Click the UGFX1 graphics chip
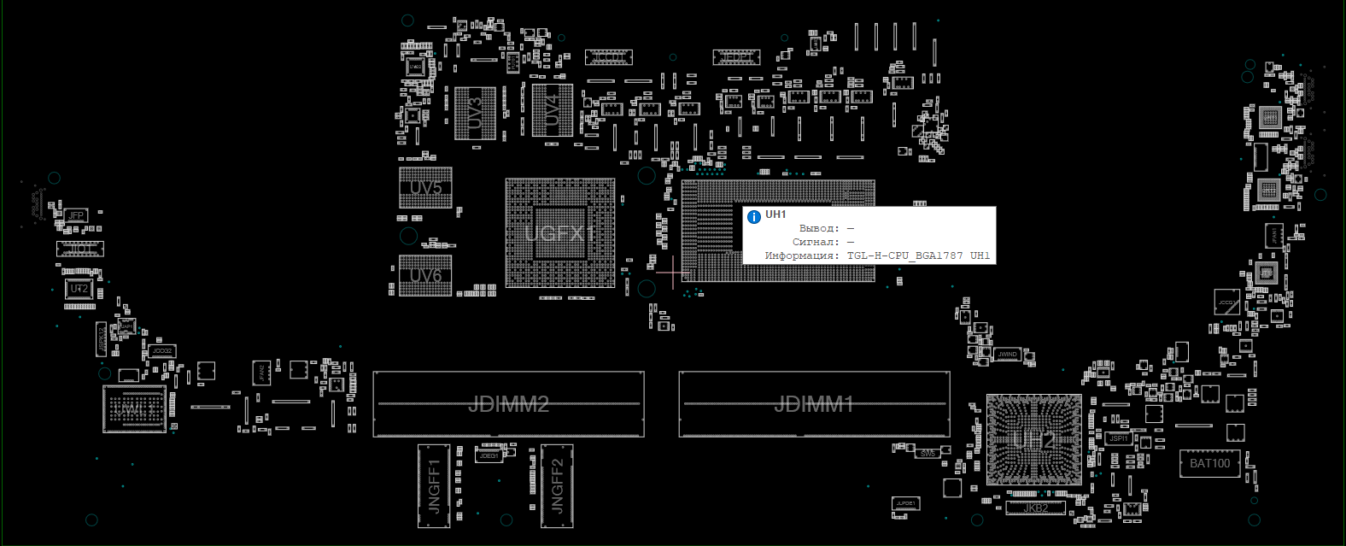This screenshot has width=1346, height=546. click(559, 233)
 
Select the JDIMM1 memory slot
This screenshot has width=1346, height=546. click(814, 404)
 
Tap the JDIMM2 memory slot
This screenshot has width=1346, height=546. click(508, 404)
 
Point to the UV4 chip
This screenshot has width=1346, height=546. click(552, 110)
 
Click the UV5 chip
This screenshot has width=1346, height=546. click(425, 188)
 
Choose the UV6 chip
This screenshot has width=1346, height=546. click(425, 275)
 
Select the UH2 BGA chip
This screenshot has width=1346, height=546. click(1033, 440)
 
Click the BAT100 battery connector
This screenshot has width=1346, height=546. click(1209, 463)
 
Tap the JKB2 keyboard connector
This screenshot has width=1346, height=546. click(1035, 508)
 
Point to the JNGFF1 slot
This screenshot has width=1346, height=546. click(433, 486)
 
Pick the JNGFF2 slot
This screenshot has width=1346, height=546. click(557, 486)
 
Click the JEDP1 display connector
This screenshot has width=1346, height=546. click(736, 57)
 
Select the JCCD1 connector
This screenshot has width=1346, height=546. click(608, 57)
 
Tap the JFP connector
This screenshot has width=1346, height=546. click(76, 215)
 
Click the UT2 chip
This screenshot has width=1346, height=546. click(79, 289)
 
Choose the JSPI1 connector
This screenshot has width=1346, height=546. click(1118, 438)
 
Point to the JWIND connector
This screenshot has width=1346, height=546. click(1008, 354)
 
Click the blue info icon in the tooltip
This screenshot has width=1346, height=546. click(754, 217)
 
